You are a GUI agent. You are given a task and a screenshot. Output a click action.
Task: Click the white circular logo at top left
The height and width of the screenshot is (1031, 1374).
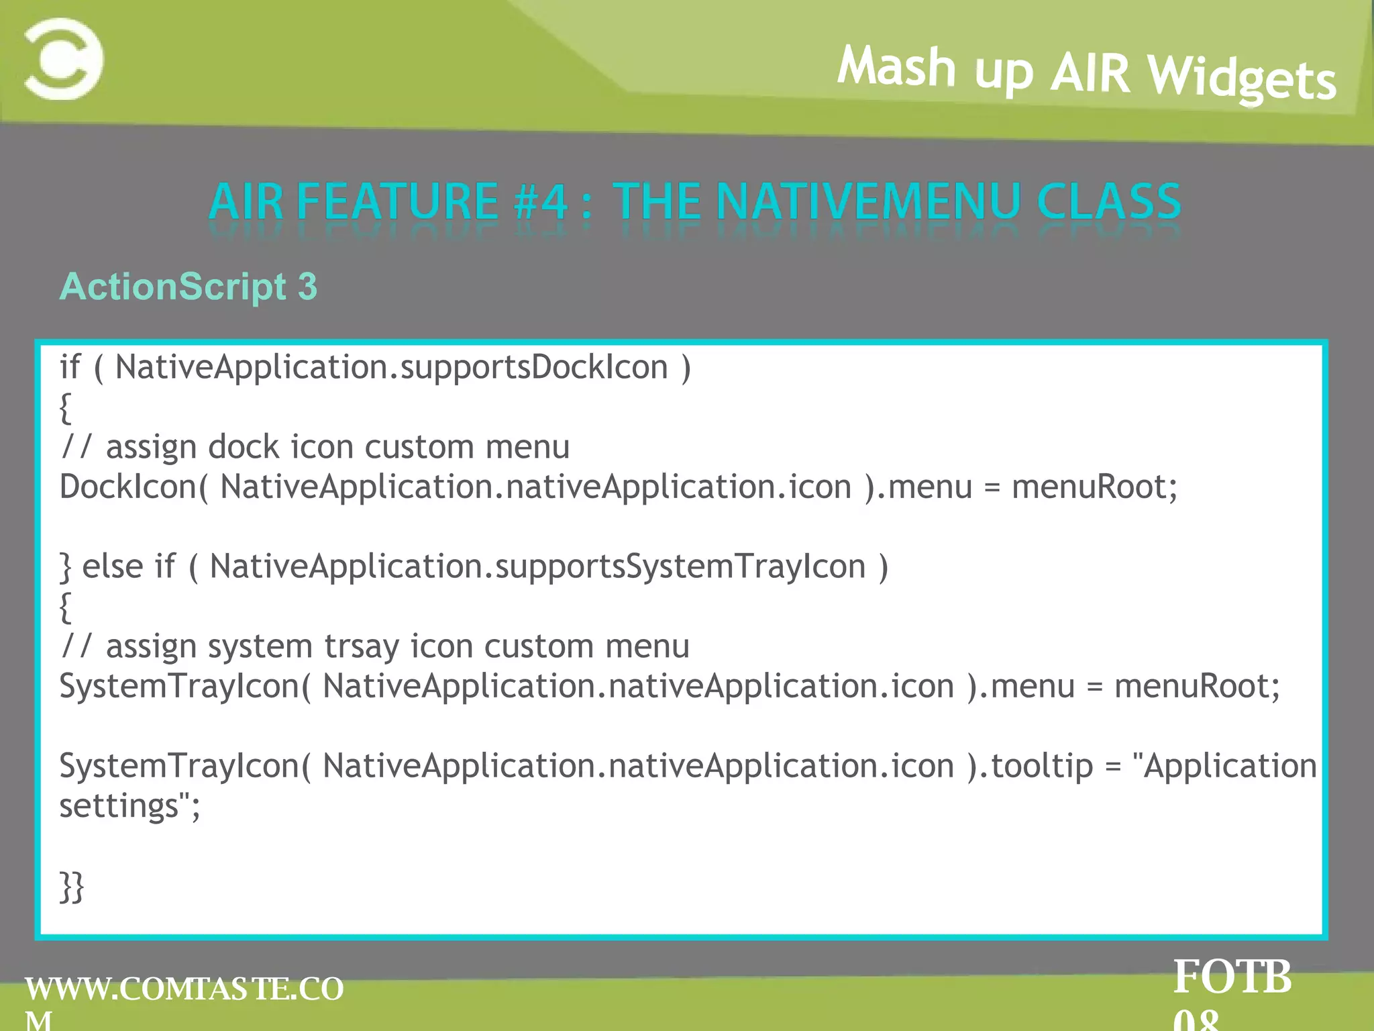pyautogui.click(x=64, y=60)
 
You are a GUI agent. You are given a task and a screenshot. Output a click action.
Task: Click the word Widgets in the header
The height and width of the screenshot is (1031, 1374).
pyautogui.click(x=1242, y=78)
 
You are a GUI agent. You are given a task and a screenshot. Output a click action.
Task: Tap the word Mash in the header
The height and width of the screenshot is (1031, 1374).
pyautogui.click(x=896, y=67)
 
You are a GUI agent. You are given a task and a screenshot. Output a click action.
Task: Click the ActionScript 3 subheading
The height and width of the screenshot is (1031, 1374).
pyautogui.click(x=188, y=287)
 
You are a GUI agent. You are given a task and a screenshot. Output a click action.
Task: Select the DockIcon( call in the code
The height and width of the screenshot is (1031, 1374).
pyautogui.click(x=134, y=487)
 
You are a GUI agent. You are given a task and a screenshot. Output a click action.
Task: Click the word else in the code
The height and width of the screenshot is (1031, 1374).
pyautogui.click(x=112, y=567)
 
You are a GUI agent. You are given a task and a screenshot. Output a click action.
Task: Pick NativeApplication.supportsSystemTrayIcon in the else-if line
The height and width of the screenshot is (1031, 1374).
pyautogui.click(x=537, y=567)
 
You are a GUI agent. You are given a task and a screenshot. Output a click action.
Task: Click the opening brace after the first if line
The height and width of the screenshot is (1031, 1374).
pyautogui.click(x=65, y=407)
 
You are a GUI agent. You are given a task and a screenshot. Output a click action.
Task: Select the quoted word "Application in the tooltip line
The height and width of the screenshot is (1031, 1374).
pyautogui.click(x=1224, y=766)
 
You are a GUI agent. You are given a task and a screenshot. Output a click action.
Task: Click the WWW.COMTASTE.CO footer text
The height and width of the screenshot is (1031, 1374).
pyautogui.click(x=184, y=989)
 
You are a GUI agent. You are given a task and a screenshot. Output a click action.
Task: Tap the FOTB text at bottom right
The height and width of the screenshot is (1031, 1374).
pyautogui.click(x=1232, y=977)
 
